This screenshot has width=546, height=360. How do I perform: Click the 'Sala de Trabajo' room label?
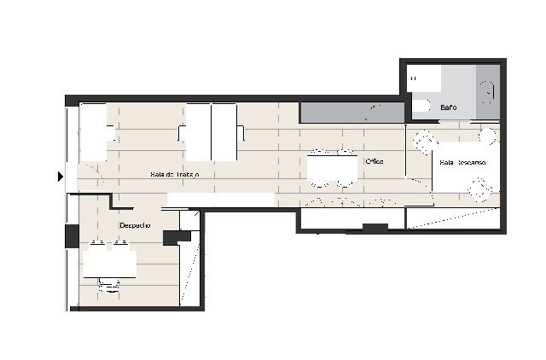(x=174, y=175)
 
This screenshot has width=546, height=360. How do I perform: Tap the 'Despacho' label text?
(x=135, y=225)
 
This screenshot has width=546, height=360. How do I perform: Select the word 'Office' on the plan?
(x=374, y=161)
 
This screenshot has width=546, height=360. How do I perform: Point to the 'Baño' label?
(x=449, y=108)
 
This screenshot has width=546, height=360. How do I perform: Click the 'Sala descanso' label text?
(x=462, y=162)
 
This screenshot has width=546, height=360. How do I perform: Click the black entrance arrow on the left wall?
(x=61, y=177)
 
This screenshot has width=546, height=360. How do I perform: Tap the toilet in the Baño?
(x=421, y=106)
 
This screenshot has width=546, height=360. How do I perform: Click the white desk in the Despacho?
(x=109, y=263)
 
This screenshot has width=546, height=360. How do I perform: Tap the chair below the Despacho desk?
(x=109, y=286)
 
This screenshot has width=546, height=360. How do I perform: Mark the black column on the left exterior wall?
(x=72, y=236)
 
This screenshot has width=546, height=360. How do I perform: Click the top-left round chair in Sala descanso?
(x=422, y=138)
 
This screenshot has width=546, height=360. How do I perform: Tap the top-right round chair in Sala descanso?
(x=487, y=136)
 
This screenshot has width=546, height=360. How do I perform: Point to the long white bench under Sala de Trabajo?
(x=220, y=199)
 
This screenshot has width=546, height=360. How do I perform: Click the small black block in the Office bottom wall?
(x=375, y=227)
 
